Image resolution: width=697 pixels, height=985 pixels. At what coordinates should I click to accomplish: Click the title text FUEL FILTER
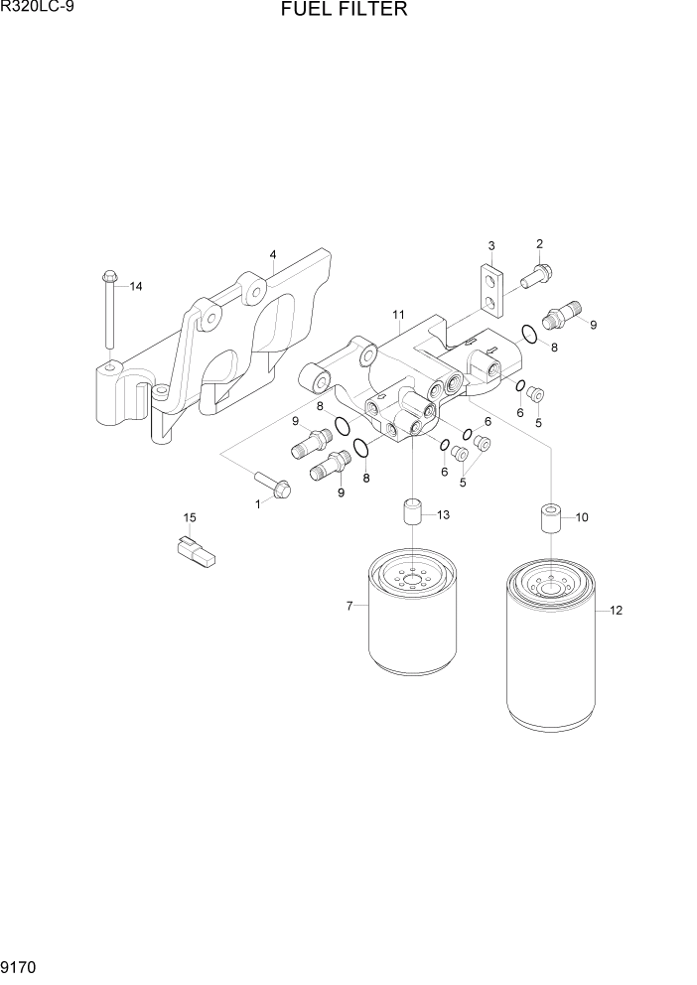coord(344,11)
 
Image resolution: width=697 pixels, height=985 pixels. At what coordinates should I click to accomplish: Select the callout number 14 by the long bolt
coord(136,287)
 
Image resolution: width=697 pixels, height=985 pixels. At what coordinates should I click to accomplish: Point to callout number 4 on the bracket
coord(272,255)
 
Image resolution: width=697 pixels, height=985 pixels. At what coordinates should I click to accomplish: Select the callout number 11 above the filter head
coord(397,315)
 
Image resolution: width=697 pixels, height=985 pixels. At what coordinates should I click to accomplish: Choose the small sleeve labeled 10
coord(552,518)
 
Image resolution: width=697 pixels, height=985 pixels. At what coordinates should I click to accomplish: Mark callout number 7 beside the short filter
coord(348,606)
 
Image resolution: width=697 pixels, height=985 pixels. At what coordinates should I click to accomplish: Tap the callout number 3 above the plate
coord(490,246)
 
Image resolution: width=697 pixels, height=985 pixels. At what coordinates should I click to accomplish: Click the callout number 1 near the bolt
coord(256,504)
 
